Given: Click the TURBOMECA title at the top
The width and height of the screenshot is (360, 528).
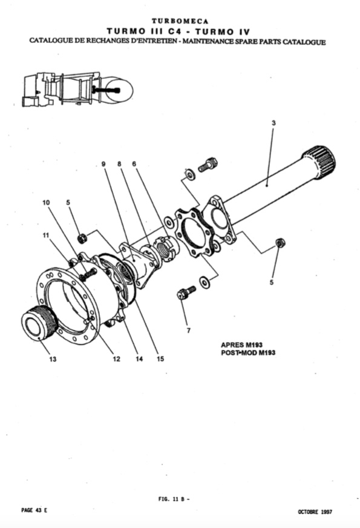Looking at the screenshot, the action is pyautogui.click(x=180, y=21).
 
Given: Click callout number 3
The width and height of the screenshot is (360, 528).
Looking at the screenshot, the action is pyautogui.click(x=273, y=123).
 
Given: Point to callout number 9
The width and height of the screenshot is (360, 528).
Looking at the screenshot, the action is pyautogui.click(x=103, y=164).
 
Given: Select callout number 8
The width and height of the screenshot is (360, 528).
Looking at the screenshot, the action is pyautogui.click(x=119, y=164).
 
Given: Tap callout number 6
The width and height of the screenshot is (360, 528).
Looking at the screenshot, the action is pyautogui.click(x=134, y=164).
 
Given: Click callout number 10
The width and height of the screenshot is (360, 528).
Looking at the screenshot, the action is pyautogui.click(x=46, y=202).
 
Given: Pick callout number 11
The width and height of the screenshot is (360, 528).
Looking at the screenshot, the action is pyautogui.click(x=46, y=235).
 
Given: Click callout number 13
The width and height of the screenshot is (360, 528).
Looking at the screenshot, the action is pyautogui.click(x=53, y=359).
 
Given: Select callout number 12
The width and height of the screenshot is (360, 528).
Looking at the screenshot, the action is pyautogui.click(x=116, y=359).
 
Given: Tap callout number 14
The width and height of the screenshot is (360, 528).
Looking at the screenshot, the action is pyautogui.click(x=139, y=359).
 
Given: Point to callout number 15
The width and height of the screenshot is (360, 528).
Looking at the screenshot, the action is pyautogui.click(x=160, y=359).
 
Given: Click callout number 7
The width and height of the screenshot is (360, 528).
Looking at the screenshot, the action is pyautogui.click(x=188, y=331).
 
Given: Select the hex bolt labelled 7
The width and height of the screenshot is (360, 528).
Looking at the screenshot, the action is pyautogui.click(x=186, y=292).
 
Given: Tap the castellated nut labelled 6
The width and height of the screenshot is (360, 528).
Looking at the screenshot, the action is pyautogui.click(x=166, y=249).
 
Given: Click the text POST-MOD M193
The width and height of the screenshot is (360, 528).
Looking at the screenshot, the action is pyautogui.click(x=248, y=353).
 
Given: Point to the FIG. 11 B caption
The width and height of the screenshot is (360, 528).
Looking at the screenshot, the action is pyautogui.click(x=174, y=499).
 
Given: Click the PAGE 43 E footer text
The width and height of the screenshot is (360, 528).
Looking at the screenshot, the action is pyautogui.click(x=34, y=510).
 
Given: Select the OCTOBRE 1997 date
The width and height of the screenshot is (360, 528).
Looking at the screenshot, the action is pyautogui.click(x=315, y=512).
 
